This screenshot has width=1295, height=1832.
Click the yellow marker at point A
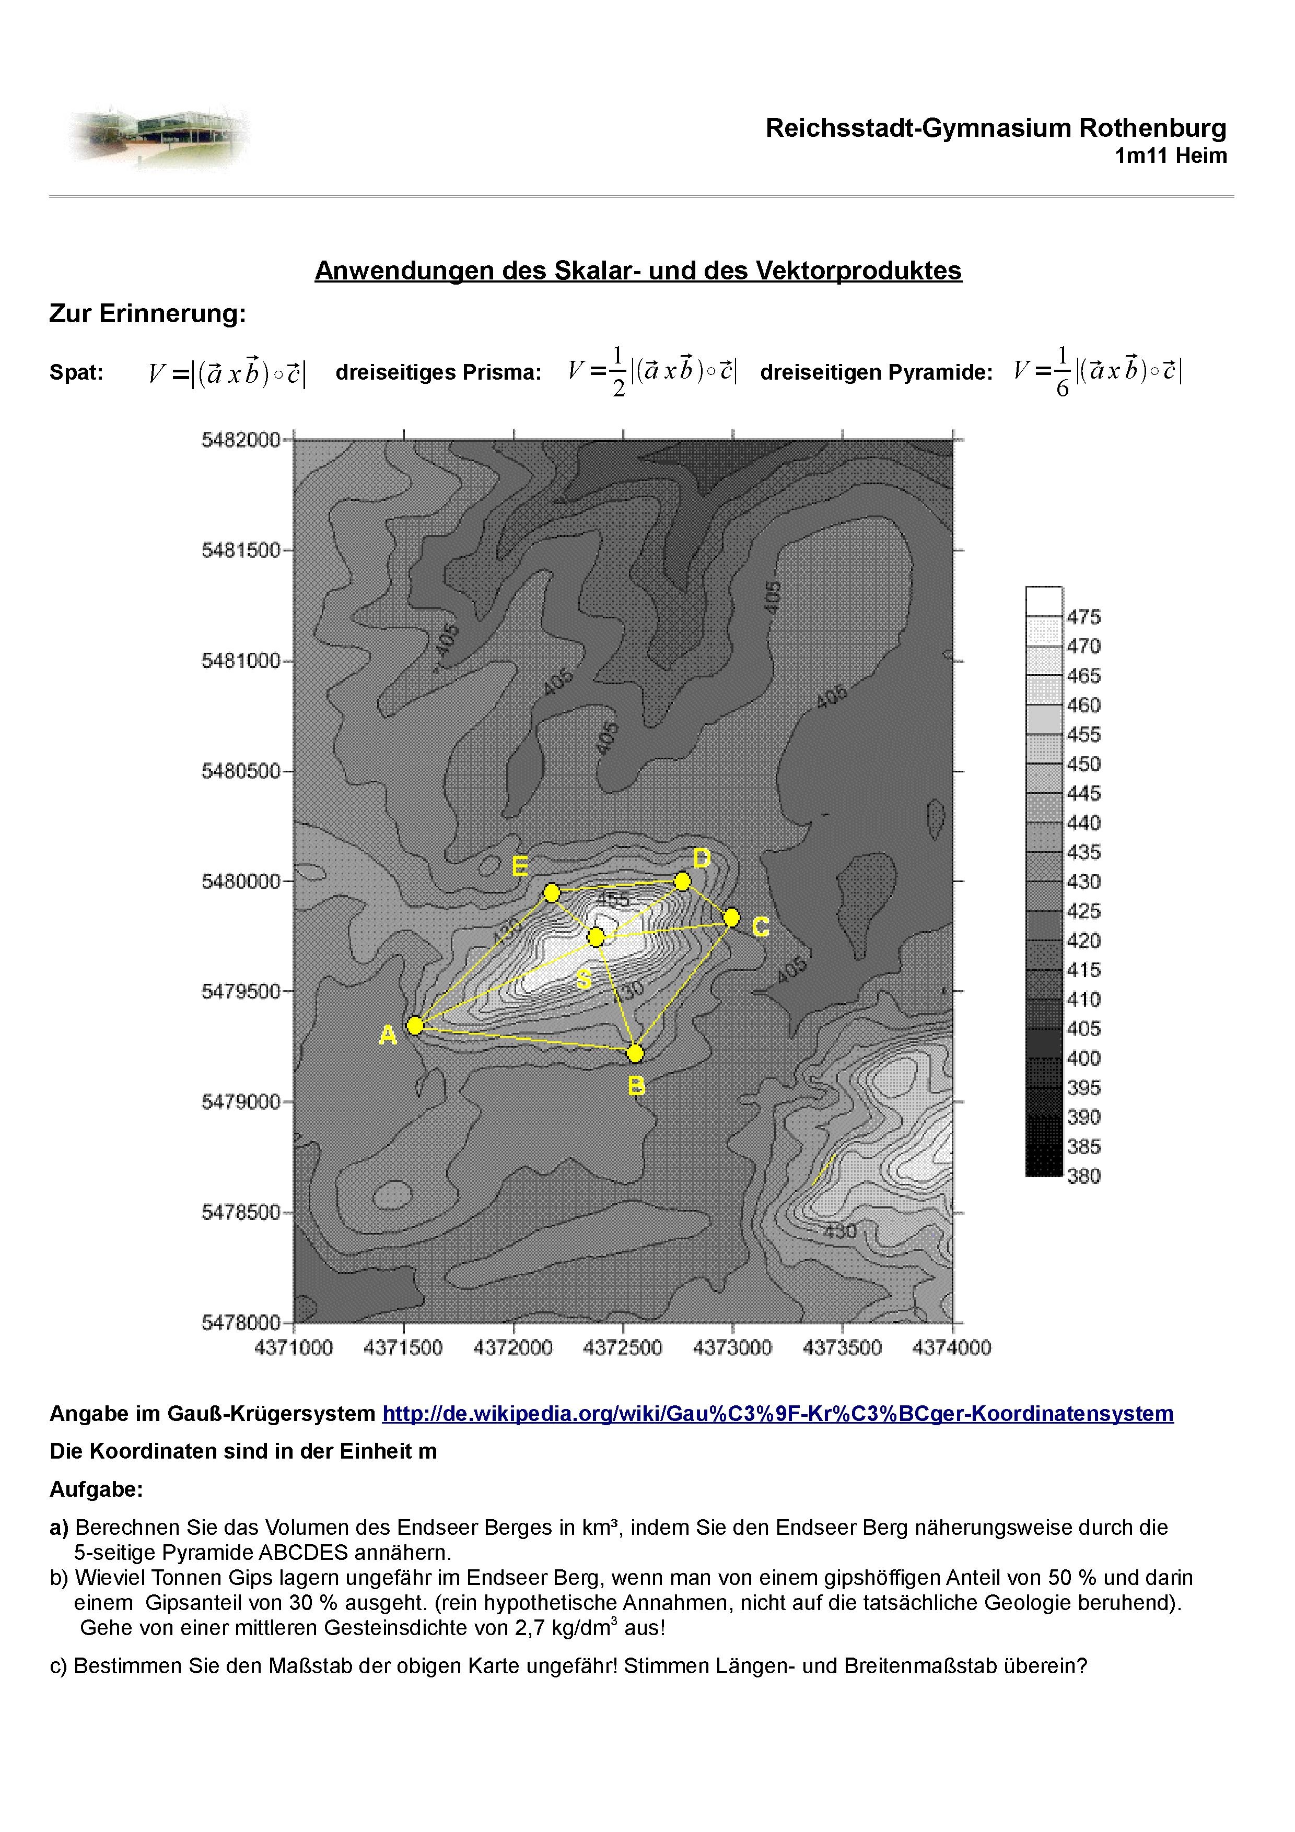(x=415, y=1025)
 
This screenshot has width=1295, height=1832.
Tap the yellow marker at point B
(x=635, y=1053)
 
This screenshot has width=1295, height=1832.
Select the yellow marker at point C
(x=732, y=918)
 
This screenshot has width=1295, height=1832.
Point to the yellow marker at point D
(x=682, y=881)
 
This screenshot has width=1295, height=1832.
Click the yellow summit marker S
(x=596, y=937)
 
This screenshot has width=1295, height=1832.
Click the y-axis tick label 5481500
(x=240, y=550)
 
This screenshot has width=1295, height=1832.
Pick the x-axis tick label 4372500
(x=622, y=1348)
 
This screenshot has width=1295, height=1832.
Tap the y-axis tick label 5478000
(x=240, y=1323)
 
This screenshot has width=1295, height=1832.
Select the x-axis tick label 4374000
(x=951, y=1348)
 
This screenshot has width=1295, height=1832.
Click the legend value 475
(x=1083, y=617)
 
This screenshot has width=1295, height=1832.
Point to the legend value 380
(x=1083, y=1176)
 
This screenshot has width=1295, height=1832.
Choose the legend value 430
(x=1083, y=882)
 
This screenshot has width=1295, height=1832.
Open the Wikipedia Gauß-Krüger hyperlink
(x=777, y=1414)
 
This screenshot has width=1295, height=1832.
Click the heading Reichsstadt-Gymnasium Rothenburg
(x=995, y=127)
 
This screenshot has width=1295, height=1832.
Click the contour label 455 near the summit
(x=613, y=900)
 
